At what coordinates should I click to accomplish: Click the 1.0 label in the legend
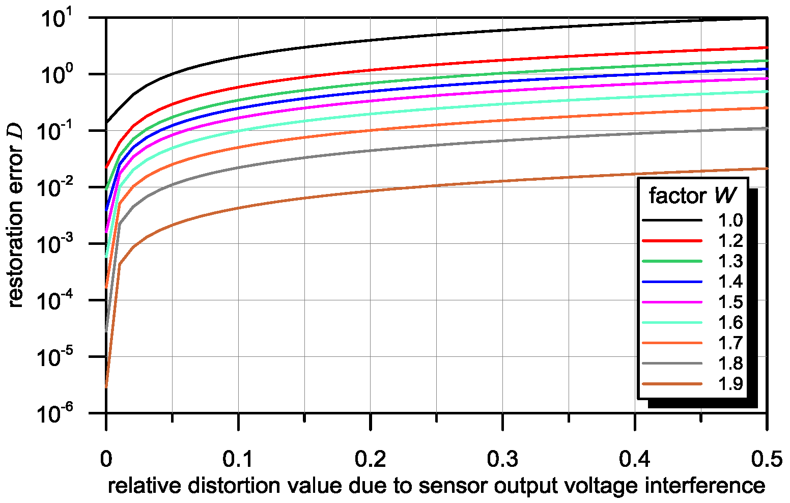click(730, 220)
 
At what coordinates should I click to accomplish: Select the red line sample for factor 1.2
click(672, 241)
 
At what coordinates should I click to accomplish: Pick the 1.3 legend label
click(730, 261)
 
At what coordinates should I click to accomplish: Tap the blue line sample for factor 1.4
click(672, 282)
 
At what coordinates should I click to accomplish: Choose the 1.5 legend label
click(730, 302)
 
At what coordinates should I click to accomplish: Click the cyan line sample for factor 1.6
click(672, 322)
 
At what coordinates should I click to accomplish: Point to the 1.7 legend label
click(730, 343)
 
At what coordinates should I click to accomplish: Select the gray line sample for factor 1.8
click(672, 363)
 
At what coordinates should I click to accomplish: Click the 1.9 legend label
click(730, 383)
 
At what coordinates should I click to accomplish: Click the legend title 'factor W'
click(692, 195)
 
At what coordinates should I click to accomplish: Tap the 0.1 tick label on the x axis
click(238, 460)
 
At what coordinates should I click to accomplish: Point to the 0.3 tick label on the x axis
click(502, 460)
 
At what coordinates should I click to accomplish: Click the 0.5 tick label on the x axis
click(766, 460)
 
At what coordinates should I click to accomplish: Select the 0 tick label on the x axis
click(106, 460)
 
